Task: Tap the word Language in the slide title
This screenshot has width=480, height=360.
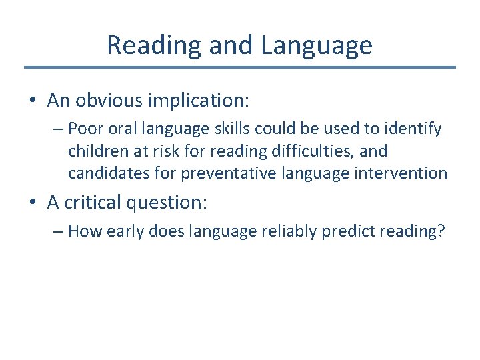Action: tap(317, 45)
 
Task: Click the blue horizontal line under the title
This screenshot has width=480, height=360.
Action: tap(240, 67)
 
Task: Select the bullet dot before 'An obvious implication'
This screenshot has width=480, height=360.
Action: tap(33, 101)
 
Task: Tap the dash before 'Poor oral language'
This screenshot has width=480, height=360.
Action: tap(59, 128)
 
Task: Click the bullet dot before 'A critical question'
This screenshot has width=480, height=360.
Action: tap(33, 203)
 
